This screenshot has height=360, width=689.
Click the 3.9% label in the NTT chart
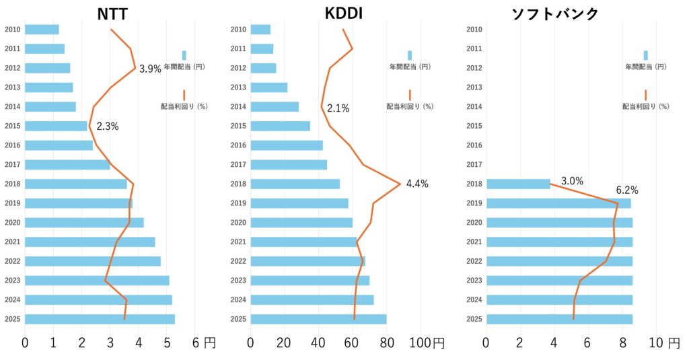[x=150, y=69]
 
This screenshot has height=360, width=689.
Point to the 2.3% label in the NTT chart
[x=108, y=126]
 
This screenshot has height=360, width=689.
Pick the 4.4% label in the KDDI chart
[x=417, y=184]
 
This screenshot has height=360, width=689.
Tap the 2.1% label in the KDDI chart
[x=338, y=108]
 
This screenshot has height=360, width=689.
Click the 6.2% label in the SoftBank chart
[x=627, y=190]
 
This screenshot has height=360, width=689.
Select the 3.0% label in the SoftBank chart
[x=572, y=181]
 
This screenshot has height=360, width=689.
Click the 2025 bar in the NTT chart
[x=100, y=319]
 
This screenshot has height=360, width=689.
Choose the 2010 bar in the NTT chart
[x=42, y=30]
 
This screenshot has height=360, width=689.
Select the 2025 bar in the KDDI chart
[x=318, y=319]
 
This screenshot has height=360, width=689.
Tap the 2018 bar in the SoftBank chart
[x=518, y=184]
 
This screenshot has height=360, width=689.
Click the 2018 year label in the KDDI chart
[x=238, y=184]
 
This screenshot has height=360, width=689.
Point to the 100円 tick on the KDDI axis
[x=429, y=343]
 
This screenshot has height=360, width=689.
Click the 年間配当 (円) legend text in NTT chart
[x=184, y=67]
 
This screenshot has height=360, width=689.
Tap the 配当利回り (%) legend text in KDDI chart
[x=410, y=106]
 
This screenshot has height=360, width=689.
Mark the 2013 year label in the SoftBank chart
[x=473, y=87]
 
